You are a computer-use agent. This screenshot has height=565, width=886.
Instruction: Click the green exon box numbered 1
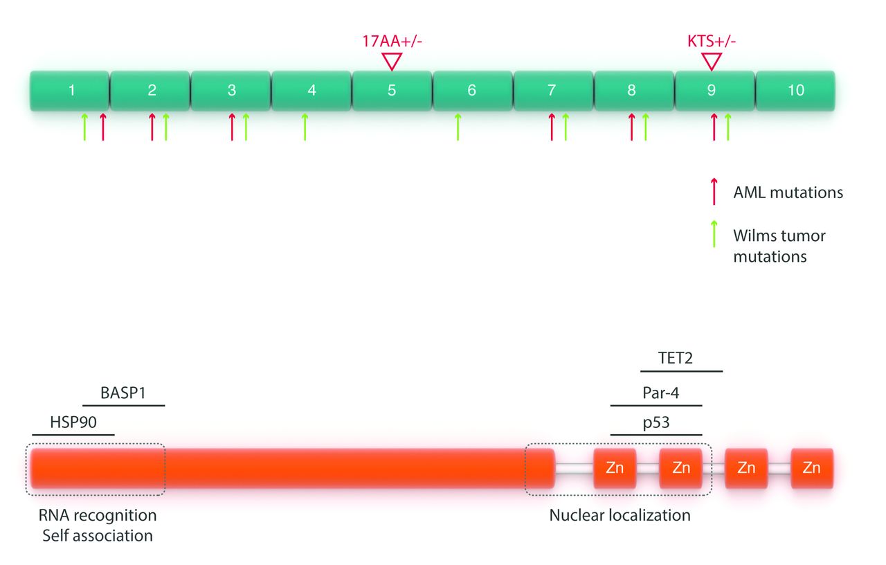70,90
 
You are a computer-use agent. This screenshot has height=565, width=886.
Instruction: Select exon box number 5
392,90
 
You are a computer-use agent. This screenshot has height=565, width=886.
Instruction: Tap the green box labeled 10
795,90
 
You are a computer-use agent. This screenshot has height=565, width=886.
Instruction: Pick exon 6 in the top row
472,90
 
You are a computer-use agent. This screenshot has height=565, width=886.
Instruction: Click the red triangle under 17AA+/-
392,62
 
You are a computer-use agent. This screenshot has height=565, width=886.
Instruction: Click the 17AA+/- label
392,40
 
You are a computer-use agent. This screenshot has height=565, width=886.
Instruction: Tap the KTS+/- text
711,40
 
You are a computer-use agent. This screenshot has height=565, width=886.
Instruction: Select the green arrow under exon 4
305,127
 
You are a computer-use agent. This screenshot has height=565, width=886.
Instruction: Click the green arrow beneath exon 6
458,127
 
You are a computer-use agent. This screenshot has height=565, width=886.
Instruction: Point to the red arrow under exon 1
102,127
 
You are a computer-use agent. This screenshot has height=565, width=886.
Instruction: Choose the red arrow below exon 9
714,127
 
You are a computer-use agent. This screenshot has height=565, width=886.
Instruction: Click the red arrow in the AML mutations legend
714,191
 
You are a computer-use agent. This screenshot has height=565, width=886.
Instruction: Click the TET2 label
676,358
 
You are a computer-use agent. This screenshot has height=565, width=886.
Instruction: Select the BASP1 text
123,391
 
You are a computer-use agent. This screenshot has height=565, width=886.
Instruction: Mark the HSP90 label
73,421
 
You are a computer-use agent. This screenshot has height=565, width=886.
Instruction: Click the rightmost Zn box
811,468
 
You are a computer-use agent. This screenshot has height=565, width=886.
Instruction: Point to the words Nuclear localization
620,515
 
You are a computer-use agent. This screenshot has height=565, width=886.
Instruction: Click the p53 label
656,422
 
